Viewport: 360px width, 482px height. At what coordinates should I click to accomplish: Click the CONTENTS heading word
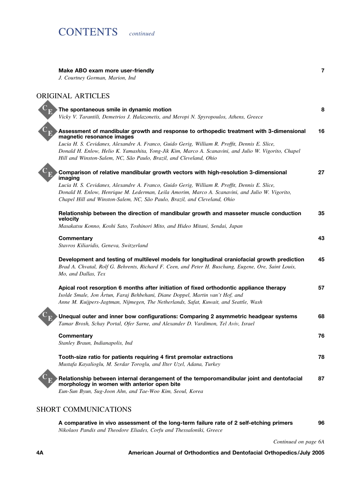click(88, 32)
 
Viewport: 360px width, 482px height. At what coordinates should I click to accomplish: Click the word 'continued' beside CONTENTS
click(142, 34)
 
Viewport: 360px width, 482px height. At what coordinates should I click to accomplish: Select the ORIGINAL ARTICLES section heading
click(73, 96)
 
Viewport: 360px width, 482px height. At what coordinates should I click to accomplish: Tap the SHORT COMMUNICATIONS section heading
click(84, 409)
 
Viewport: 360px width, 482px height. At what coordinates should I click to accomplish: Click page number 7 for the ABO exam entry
click(322, 70)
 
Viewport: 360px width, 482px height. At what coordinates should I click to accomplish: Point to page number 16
click(321, 131)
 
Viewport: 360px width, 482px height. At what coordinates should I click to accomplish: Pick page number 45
click(321, 260)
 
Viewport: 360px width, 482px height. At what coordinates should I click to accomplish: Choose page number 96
click(321, 423)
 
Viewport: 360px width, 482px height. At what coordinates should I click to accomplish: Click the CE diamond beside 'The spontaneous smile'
click(47, 110)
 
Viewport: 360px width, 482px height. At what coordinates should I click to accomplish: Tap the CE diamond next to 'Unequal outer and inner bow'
click(47, 316)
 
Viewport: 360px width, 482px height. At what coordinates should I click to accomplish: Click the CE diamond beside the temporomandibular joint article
click(47, 379)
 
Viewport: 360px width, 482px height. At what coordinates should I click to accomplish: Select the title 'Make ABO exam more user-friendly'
click(106, 70)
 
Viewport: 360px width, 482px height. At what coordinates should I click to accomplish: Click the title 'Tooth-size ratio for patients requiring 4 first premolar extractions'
click(146, 357)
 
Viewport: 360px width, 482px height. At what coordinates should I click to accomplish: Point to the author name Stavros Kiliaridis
click(80, 246)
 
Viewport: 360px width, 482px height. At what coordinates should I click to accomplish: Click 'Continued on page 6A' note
click(299, 441)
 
